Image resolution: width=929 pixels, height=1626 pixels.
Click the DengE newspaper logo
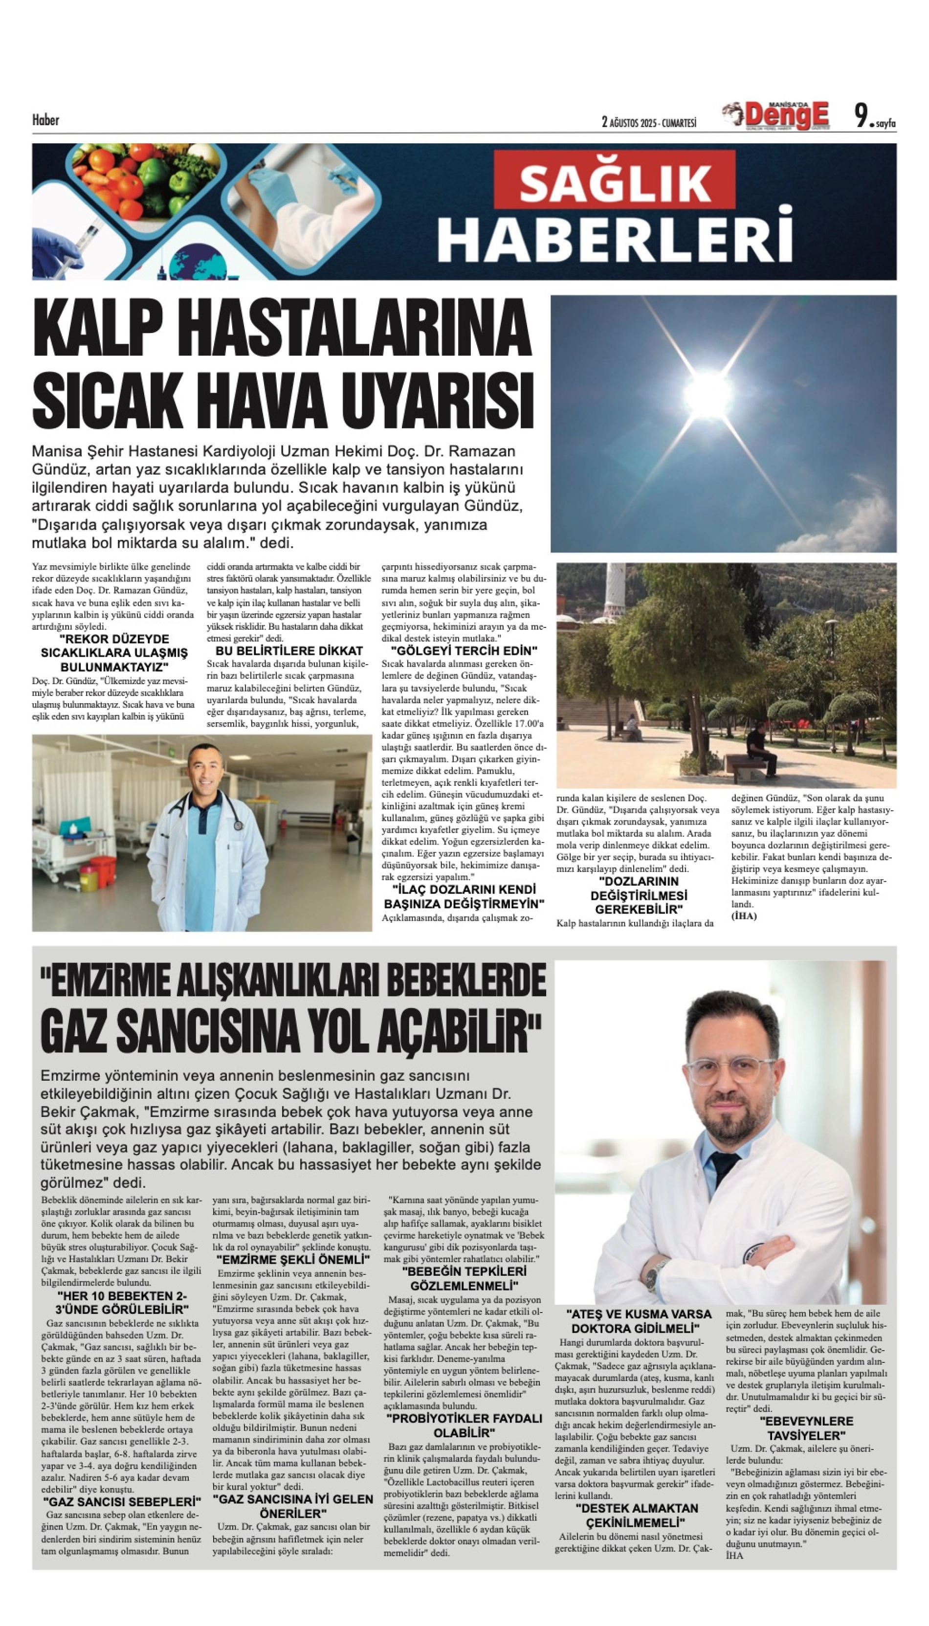[777, 115]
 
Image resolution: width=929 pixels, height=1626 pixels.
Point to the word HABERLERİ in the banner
[616, 238]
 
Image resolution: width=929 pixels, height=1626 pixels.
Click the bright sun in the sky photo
[707, 394]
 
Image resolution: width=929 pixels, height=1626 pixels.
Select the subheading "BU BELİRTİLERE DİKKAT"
[289, 651]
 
